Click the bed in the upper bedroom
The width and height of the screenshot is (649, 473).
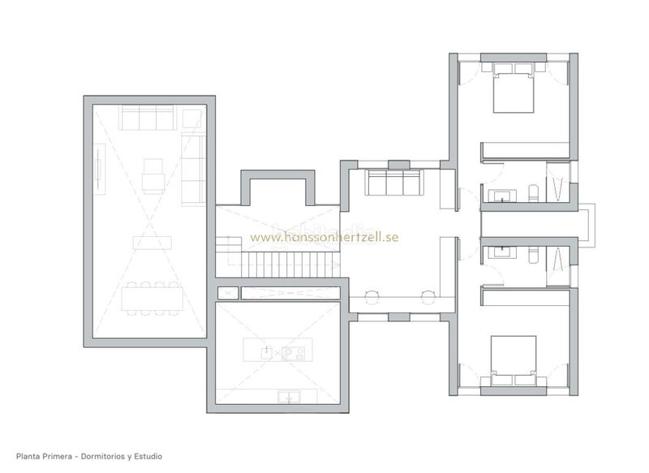tap(514, 88)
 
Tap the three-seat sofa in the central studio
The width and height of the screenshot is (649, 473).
tap(393, 183)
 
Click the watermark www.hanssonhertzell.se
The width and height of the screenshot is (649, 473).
tap(324, 237)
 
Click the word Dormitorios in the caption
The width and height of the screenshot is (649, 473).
tap(103, 457)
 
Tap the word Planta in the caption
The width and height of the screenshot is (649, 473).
tap(28, 457)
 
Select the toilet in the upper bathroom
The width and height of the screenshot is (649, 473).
tap(534, 194)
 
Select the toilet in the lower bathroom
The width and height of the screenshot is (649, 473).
tap(534, 255)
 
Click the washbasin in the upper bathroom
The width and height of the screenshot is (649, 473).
tap(502, 196)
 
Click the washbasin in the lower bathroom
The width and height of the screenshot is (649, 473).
tap(502, 252)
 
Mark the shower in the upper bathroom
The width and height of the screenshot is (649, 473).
tap(558, 181)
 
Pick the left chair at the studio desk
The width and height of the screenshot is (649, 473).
tap(372, 297)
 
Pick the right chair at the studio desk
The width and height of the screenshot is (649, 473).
tap(428, 297)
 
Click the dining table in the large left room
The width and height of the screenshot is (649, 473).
tap(152, 299)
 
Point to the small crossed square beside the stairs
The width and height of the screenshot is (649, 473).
tap(228, 293)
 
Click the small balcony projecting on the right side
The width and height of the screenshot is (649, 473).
tap(587, 226)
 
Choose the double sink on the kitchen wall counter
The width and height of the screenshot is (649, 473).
tap(290, 397)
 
